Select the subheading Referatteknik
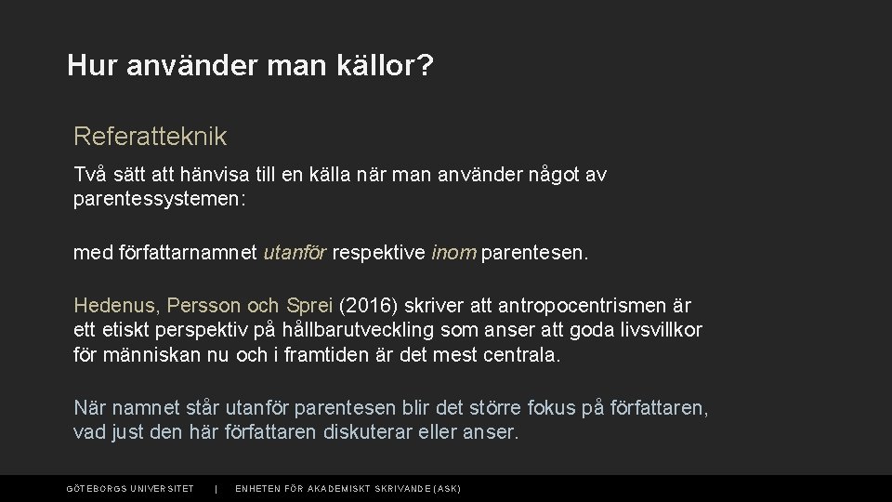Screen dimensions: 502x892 pos(150,137)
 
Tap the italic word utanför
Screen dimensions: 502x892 pos(295,252)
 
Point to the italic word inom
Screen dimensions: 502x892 pos(453,252)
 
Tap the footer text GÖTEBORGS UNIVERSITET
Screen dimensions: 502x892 pos(130,489)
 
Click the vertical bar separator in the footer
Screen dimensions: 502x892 pos(216,489)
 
